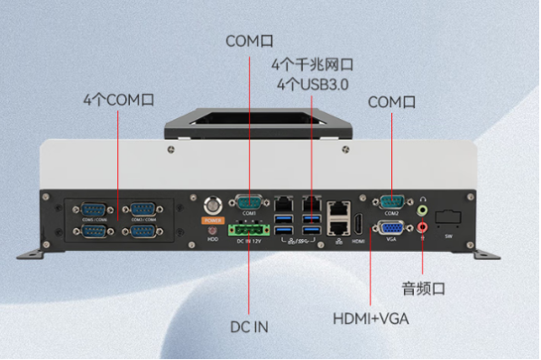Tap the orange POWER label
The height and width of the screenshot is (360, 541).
(213, 218)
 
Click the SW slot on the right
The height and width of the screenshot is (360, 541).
(448, 218)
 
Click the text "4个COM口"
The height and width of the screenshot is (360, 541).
(118, 99)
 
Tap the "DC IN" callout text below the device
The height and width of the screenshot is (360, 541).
(249, 327)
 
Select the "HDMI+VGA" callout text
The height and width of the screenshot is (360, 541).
(370, 318)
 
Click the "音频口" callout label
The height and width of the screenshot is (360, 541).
(424, 289)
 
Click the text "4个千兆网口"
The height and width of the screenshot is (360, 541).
(311, 65)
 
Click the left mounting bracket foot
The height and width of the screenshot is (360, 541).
(29, 248)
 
